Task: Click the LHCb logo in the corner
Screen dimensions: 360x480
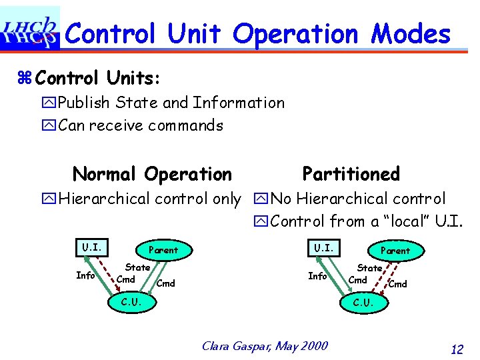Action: tap(30, 29)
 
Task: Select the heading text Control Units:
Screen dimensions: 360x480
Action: tap(97, 78)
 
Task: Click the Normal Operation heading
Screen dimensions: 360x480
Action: tap(152, 175)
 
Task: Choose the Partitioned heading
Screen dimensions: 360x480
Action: tap(351, 174)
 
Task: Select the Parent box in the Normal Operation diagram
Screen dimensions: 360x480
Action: tap(163, 250)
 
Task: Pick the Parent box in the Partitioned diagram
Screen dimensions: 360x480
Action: tap(395, 251)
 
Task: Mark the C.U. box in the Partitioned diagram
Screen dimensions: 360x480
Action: tap(363, 303)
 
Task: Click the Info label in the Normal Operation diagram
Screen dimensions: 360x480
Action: tap(85, 275)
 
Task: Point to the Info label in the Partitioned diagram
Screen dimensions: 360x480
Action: tap(317, 275)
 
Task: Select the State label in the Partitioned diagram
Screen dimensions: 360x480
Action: tap(369, 267)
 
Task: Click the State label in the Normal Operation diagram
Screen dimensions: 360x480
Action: tap(138, 267)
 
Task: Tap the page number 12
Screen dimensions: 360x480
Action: tap(457, 349)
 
